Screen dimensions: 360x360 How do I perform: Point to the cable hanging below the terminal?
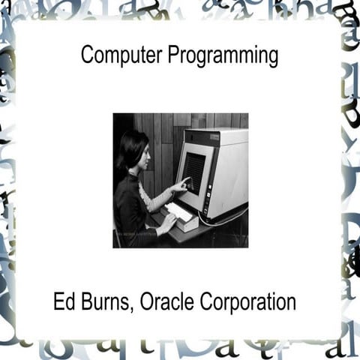point(225,222)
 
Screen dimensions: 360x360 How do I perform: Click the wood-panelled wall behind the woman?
point(161,135)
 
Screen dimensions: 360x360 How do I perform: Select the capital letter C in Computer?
point(86,55)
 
